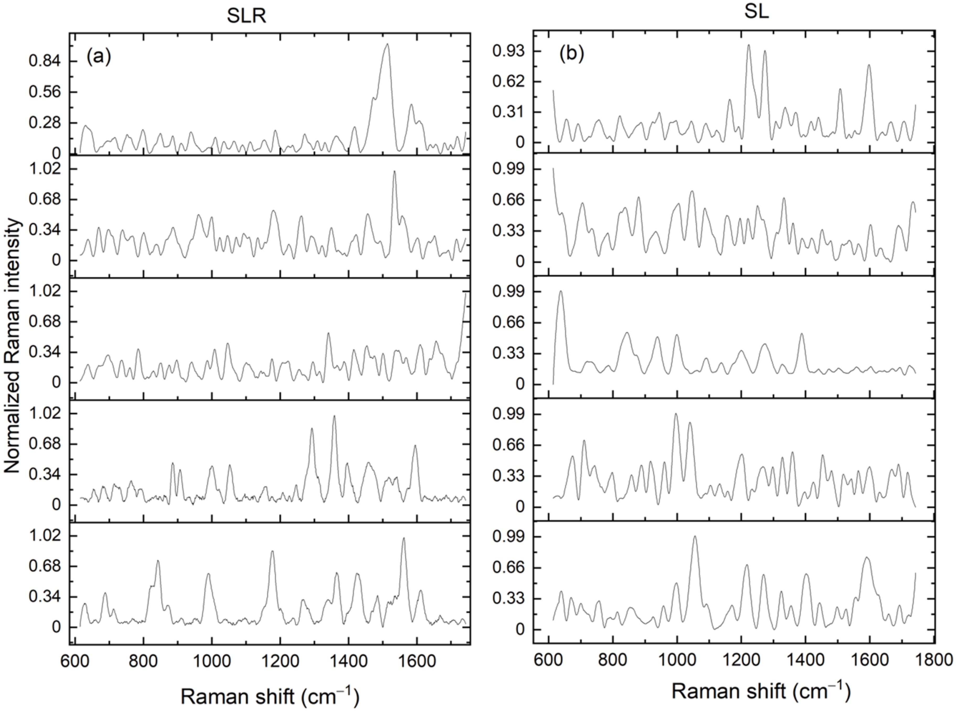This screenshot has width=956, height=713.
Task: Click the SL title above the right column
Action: pos(757,13)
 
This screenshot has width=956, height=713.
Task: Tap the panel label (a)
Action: pos(99,57)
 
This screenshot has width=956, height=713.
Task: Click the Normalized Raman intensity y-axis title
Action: pos(13,345)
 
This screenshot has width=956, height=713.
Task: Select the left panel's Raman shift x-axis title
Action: pos(270,696)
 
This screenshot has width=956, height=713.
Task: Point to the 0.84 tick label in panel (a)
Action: pos(45,62)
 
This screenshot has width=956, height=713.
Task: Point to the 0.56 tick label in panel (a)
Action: pos(45,92)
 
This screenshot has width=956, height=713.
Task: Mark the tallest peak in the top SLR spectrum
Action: pos(387,44)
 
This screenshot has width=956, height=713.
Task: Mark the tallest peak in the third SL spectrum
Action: pos(561,291)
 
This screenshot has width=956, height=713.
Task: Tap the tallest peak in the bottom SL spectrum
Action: pos(695,536)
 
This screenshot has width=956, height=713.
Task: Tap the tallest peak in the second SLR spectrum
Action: pos(394,171)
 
